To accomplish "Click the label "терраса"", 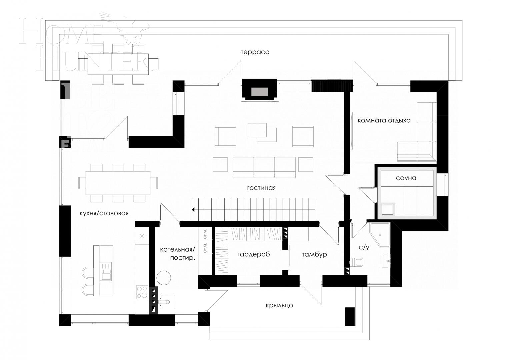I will tap(255, 52).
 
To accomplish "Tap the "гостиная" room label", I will tap(261, 188).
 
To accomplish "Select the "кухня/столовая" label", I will tap(104, 213).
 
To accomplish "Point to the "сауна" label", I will tap(406, 178).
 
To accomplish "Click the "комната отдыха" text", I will tap(384, 120).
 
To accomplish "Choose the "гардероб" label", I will tap(253, 254).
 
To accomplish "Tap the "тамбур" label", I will tap(314, 254).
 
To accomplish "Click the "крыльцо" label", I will tap(279, 305).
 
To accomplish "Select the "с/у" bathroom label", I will tap(364, 247).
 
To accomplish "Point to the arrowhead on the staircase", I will tap(193, 210).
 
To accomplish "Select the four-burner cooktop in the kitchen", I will tap(142, 292).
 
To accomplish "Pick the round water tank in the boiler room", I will tap(164, 277).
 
